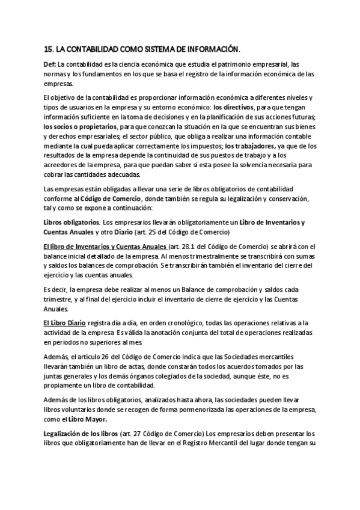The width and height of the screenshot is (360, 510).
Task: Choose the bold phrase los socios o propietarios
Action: [x=80, y=127]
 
